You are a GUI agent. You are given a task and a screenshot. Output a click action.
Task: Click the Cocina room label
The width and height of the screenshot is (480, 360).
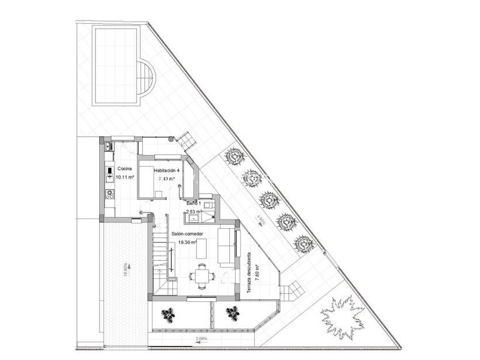pos(124,169)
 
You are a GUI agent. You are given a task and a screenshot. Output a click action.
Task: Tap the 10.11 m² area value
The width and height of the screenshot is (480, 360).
pos(125,177)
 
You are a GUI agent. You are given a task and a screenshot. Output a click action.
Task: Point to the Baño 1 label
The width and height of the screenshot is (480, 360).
pos(193,204)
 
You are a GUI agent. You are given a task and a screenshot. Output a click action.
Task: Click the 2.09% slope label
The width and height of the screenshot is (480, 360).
pos(201,339)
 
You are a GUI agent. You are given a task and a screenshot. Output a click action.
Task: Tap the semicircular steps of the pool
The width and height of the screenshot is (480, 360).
pos(147,76)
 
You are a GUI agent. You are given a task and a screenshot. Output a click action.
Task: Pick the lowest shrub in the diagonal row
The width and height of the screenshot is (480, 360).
pos(304,244)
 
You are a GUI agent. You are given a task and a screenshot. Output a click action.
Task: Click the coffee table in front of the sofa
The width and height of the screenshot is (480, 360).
pos(202,248)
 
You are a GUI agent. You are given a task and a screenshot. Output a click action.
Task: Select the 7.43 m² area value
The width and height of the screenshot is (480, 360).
pos(166,179)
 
